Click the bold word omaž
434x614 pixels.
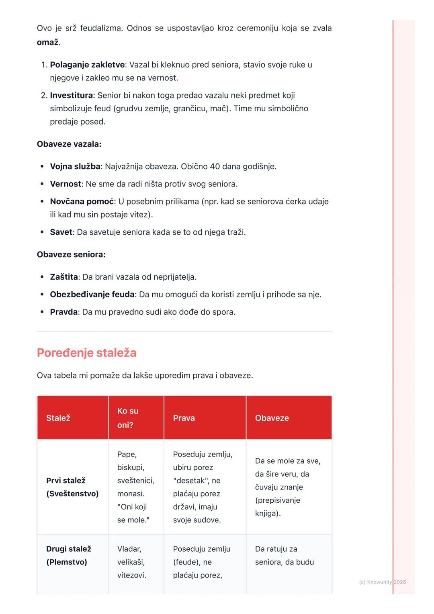click(47, 42)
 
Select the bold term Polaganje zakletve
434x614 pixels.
click(87, 65)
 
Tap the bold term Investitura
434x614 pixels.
click(71, 95)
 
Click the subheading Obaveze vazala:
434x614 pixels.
click(69, 144)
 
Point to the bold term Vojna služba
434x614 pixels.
click(75, 166)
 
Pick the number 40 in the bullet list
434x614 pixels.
click(215, 166)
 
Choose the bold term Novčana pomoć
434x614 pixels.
click(82, 201)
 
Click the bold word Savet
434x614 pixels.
click(61, 232)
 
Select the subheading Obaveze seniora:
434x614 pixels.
click(71, 254)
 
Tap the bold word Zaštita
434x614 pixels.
click(64, 277)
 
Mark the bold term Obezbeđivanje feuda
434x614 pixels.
click(92, 295)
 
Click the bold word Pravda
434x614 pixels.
click(63, 312)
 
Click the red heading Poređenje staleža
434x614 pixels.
click(87, 353)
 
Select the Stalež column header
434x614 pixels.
click(58, 418)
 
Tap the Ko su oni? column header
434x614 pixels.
click(128, 418)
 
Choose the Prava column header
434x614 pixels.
click(184, 418)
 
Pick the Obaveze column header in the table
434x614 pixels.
click(272, 418)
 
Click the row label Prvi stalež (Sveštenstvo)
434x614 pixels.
click(72, 487)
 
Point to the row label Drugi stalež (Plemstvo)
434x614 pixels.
click(69, 555)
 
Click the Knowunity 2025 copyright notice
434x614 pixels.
click(382, 582)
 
